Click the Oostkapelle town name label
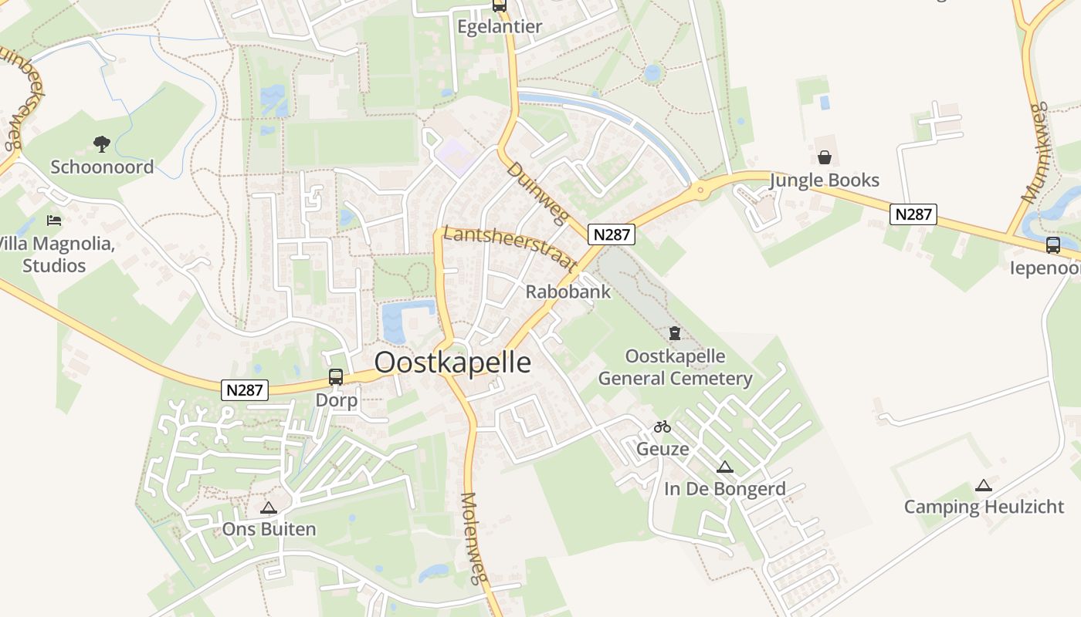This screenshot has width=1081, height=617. point(452,362)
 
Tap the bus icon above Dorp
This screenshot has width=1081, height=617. point(336,377)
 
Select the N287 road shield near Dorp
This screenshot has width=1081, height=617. point(245,390)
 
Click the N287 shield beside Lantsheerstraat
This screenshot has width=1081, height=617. point(612,234)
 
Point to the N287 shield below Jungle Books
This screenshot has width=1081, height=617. point(913,214)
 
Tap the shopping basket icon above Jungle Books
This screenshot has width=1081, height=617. point(825,158)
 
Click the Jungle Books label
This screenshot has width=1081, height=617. point(825,180)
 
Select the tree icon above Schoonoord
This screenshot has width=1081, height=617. point(101,143)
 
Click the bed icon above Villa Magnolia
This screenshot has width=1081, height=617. point(54,221)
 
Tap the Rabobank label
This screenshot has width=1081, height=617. point(568,292)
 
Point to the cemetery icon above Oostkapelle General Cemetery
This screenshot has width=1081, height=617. point(675,333)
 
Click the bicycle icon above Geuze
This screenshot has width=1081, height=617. point(662,427)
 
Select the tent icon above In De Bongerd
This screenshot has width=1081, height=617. point(724,467)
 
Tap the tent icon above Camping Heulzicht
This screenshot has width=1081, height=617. point(983,486)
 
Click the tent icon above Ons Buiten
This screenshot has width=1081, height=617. point(268,507)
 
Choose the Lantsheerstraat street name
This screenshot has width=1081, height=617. point(510,247)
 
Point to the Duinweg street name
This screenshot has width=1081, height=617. point(537,193)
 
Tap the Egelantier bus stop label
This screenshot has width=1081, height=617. point(500,27)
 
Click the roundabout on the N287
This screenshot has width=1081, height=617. point(701,190)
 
